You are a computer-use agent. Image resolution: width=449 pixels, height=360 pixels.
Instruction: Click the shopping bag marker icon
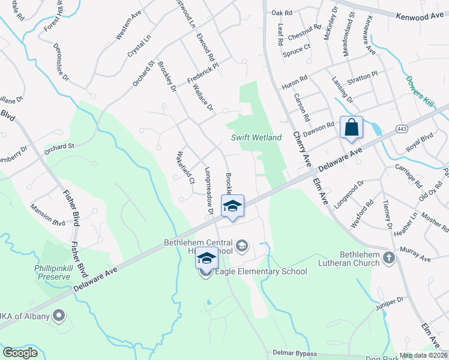[351, 127]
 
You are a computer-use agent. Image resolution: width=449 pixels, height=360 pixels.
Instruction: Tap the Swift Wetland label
[256, 137]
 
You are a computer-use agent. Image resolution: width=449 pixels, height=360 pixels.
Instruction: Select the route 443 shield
[402, 128]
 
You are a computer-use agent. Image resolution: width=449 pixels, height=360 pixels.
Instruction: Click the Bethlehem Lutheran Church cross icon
[390, 258]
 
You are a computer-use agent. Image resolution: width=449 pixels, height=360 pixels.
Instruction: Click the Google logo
[20, 352]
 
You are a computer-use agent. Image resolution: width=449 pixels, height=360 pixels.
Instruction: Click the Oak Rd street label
[281, 12]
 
